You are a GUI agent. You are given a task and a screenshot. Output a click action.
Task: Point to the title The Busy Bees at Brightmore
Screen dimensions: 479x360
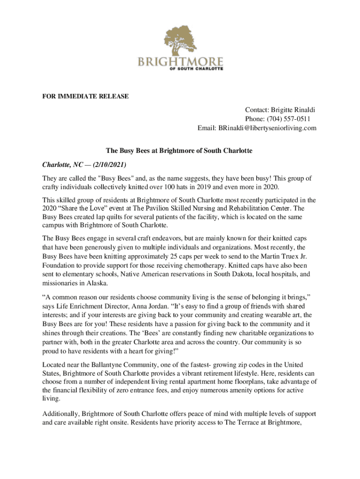coord(179,151)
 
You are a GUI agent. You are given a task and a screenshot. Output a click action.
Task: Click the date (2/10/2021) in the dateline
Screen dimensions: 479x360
coord(109,165)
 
